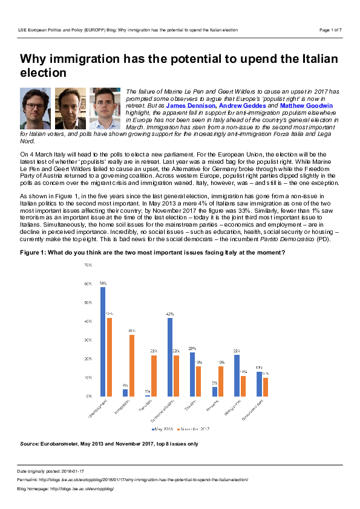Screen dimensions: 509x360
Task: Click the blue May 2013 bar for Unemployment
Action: [103, 341]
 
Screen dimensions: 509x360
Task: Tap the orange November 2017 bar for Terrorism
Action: [154, 375]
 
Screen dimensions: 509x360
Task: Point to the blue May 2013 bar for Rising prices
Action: [237, 375]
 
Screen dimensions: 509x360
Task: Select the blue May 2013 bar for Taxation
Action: [192, 374]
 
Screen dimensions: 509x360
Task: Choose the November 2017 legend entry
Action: [194, 429]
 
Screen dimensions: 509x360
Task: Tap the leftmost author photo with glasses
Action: [35, 108]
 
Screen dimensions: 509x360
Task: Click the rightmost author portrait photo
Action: [105, 108]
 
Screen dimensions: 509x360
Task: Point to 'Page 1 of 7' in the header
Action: [330, 30]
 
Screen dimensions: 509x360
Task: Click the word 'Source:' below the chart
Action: [30, 444]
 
